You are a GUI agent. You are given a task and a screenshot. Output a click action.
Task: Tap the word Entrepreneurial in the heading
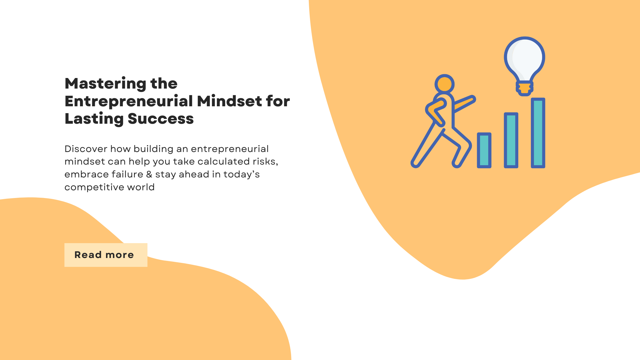point(129,101)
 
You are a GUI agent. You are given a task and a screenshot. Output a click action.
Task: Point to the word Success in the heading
point(161,119)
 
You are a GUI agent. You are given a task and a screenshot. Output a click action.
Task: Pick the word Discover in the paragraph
point(86,149)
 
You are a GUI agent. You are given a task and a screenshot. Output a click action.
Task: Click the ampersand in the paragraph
point(149,174)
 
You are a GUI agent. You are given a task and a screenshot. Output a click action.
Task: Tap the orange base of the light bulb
point(525,88)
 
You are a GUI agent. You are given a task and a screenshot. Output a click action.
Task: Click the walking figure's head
point(444,84)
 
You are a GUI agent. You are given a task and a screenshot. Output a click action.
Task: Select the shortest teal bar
point(484,150)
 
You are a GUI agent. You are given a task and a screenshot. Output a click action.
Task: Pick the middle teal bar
point(511,140)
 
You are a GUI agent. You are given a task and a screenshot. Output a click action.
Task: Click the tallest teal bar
point(538,133)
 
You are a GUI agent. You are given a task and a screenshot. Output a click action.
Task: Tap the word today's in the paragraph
point(241,174)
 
